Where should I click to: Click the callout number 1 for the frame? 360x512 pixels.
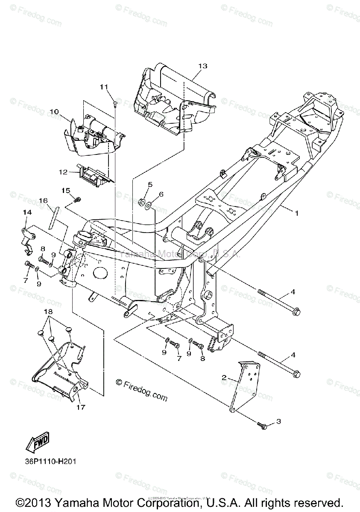point(296,212)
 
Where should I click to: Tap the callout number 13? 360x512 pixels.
point(202,66)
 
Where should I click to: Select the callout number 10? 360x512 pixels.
point(54,111)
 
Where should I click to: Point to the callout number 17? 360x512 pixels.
point(81,407)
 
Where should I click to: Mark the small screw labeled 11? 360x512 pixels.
point(115,102)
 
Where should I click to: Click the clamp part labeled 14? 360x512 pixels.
point(27,239)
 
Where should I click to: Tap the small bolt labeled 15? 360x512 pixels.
point(78,199)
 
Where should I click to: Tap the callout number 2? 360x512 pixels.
point(223,378)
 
